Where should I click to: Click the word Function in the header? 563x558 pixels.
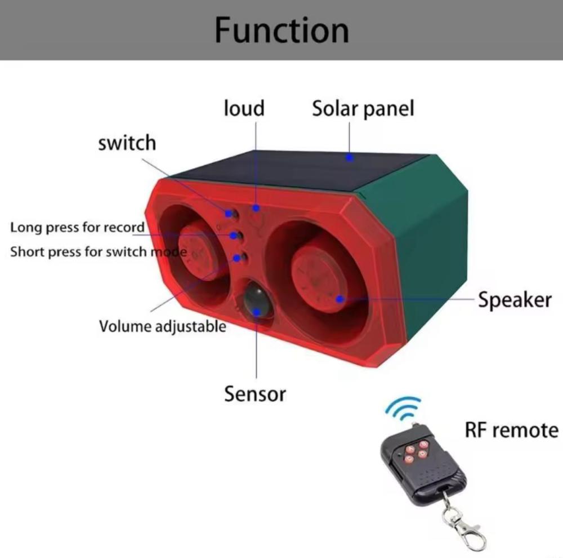tap(281, 30)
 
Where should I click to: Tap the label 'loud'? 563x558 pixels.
tap(244, 108)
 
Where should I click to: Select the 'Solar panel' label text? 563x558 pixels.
tap(363, 109)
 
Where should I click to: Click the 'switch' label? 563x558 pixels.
tap(127, 143)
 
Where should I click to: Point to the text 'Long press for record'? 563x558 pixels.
tap(77, 228)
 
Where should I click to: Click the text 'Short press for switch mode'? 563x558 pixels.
tap(99, 252)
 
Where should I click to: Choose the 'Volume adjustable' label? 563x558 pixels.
tap(163, 326)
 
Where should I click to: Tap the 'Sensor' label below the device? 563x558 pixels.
tap(255, 393)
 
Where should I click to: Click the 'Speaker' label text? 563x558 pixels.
tap(515, 300)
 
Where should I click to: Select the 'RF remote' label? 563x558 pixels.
tap(512, 430)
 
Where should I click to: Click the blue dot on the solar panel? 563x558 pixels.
tap(350, 157)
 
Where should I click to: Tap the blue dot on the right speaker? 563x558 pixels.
tap(339, 299)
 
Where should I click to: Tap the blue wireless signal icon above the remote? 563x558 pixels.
tap(404, 408)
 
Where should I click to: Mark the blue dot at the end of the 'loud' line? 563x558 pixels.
tap(256, 208)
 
